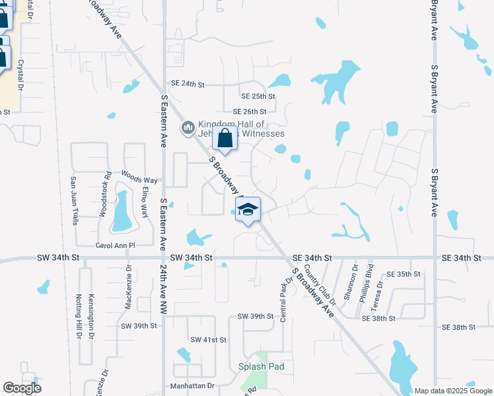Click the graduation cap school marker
(x=248, y=210)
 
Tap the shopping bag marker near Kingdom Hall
(x=225, y=139)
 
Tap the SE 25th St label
(x=258, y=97)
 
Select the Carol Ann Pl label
(x=115, y=245)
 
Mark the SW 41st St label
(x=208, y=339)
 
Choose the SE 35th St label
(x=404, y=274)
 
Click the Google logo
(x=22, y=388)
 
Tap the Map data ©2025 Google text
(x=452, y=391)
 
